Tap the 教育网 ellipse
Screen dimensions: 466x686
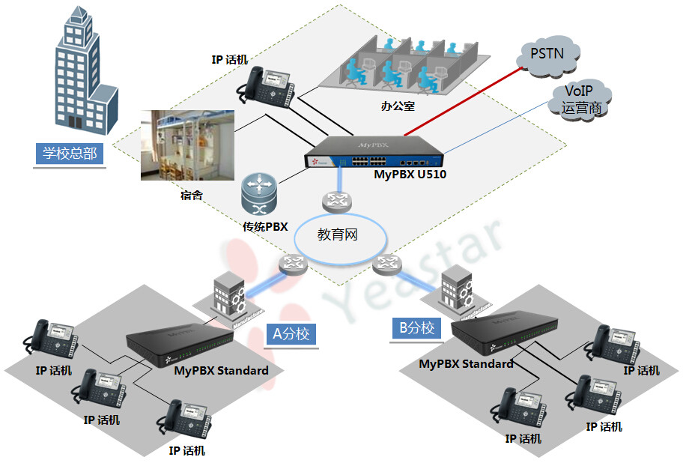pos(338,234)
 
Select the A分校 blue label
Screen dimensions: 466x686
pos(291,333)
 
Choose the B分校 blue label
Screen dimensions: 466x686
pos(416,327)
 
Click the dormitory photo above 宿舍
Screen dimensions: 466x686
pos(188,145)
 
